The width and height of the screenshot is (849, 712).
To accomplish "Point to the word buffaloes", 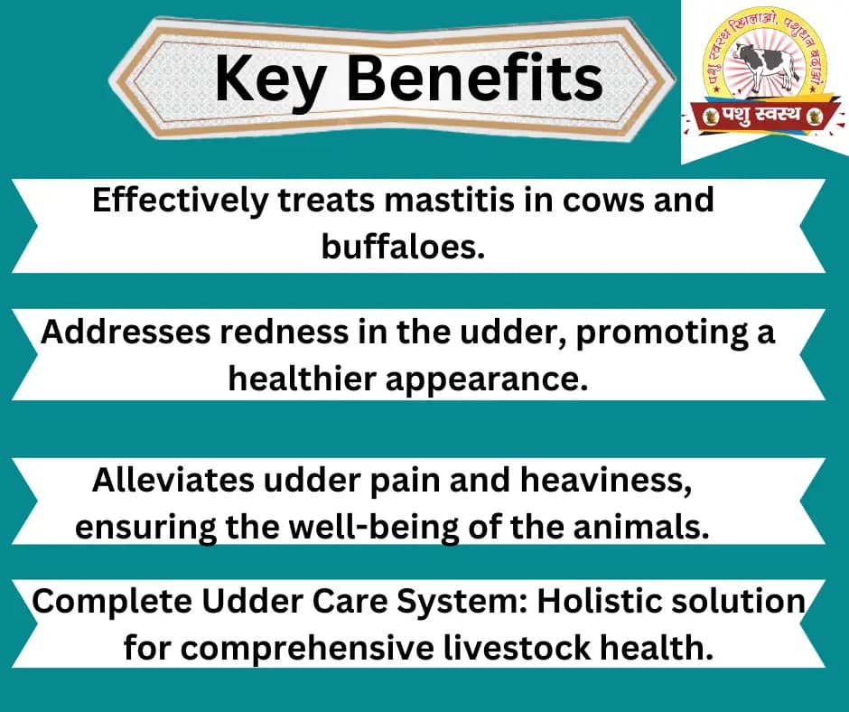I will [x=403, y=247].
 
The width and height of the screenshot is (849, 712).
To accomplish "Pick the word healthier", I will [x=303, y=379].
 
